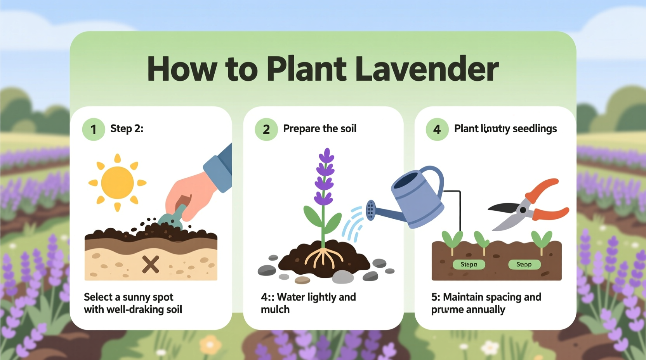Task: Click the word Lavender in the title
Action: tap(427, 69)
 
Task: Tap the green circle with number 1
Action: tap(93, 129)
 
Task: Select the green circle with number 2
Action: tap(266, 129)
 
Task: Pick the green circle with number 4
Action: tap(437, 129)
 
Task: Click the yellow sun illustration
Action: tap(117, 183)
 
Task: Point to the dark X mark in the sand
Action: tap(151, 265)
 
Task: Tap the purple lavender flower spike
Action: tap(325, 177)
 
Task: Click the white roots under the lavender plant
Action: tap(323, 258)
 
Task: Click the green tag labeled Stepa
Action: tap(469, 265)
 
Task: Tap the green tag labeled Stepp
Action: tap(524, 265)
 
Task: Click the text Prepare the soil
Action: tap(320, 128)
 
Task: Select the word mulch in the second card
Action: tap(275, 310)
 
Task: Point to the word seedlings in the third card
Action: tap(535, 128)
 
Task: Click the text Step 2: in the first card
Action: tap(127, 128)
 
